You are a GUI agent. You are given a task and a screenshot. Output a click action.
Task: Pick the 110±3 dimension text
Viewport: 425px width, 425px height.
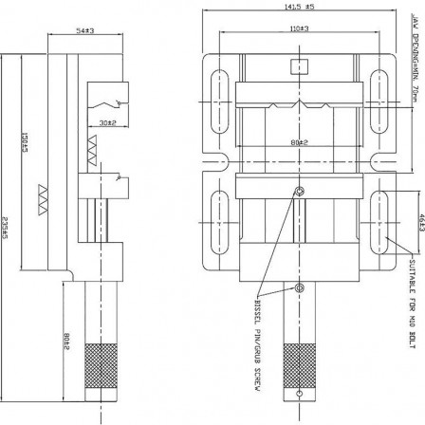pyautogui.click(x=300, y=29)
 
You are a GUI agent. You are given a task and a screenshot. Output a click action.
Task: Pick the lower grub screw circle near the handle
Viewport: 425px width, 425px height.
pyautogui.click(x=299, y=287)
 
